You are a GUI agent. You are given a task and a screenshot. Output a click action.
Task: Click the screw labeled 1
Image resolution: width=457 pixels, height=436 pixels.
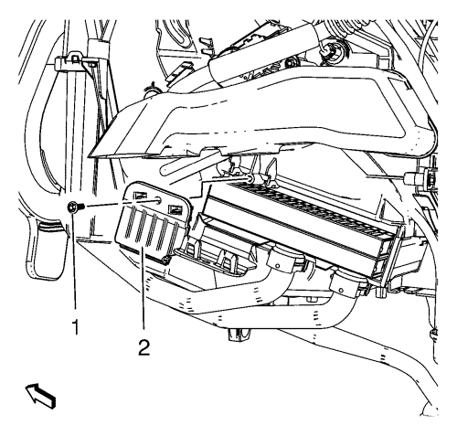coord(75,207)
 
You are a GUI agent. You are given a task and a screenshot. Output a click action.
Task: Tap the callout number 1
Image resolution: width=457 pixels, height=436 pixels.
coord(75,327)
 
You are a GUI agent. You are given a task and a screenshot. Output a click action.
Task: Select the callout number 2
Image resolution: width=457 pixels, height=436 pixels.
coord(144,347)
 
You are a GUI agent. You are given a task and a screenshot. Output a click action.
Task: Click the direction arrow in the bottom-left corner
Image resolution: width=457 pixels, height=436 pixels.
coord(40,396)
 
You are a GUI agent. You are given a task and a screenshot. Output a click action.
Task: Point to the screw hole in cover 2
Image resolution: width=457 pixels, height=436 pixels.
coord(159,200)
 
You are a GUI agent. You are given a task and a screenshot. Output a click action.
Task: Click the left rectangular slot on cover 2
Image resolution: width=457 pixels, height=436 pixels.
coord(139,195)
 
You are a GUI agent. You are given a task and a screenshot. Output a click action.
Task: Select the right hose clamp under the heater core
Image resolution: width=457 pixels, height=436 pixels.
coord(348,283)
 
